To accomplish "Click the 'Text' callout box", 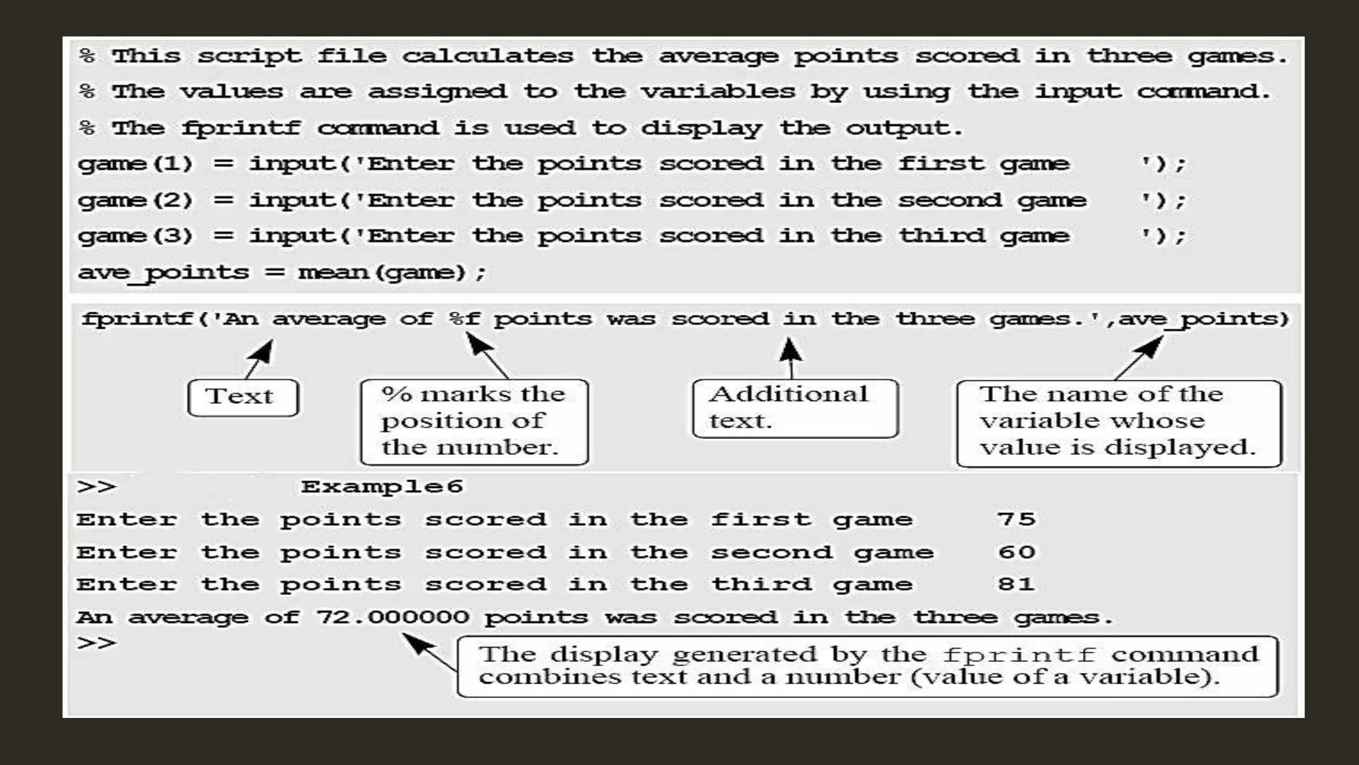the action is [243, 397].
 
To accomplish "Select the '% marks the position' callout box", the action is [474, 422].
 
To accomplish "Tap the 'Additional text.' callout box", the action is [795, 408].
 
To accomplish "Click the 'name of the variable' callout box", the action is [1118, 422].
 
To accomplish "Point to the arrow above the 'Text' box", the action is [259, 359].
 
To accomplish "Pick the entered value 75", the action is [1016, 519].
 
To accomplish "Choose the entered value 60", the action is [1016, 552].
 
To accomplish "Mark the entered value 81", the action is [1016, 584].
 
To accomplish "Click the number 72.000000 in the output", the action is [392, 617].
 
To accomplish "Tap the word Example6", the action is [382, 487].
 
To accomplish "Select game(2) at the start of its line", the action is [135, 200].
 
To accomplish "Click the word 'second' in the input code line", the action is [950, 200].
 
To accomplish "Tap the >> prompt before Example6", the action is [97, 487].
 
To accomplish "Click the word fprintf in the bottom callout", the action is [1019, 655].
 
